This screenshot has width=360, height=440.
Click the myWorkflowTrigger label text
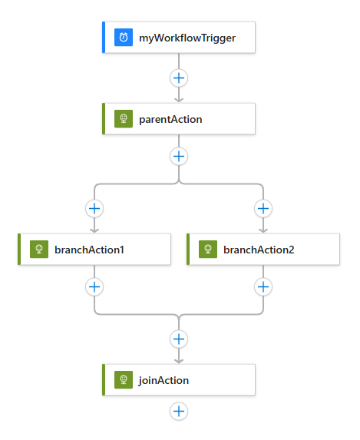click(187, 37)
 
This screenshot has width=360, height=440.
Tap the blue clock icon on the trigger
click(123, 37)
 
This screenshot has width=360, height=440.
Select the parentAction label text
click(170, 119)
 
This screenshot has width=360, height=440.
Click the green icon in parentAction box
click(123, 119)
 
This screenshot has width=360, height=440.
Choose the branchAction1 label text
click(89, 250)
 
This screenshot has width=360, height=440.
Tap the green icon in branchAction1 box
click(38, 250)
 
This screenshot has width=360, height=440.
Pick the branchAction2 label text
click(258, 250)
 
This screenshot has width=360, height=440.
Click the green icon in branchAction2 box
click(207, 250)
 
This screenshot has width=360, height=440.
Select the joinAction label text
click(163, 380)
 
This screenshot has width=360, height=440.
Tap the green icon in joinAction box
click(123, 380)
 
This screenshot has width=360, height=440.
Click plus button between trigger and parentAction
click(179, 78)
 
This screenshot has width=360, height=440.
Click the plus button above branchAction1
click(94, 208)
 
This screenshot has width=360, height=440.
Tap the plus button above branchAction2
click(263, 208)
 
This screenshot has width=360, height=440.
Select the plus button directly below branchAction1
click(94, 286)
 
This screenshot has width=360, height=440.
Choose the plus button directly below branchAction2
click(263, 286)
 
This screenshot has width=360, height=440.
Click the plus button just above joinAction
click(179, 339)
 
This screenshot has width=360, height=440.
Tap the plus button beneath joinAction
click(179, 411)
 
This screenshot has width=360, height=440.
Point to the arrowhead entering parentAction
click(179, 99)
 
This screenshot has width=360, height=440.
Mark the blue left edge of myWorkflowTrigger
click(104, 37)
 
